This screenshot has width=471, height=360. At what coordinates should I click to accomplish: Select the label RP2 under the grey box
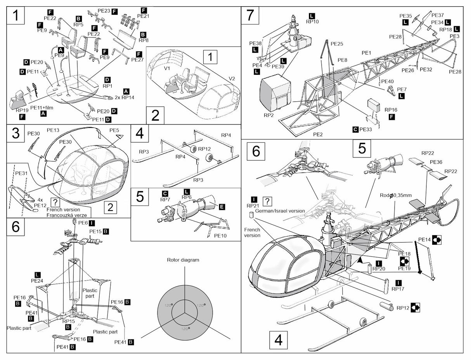point(269,115)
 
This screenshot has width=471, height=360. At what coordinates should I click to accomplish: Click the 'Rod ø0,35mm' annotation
point(395,195)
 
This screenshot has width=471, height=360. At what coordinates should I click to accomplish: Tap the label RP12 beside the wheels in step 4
point(204,149)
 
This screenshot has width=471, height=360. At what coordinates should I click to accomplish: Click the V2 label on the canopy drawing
point(232,79)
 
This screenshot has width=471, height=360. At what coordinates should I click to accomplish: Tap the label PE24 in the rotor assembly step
point(37,280)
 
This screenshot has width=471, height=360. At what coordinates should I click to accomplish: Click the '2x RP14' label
point(124,97)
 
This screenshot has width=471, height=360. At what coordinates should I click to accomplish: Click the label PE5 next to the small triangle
point(114,130)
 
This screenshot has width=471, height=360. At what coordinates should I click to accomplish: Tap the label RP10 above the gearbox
point(312,22)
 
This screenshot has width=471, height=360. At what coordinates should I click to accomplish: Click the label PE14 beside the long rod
point(425,239)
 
